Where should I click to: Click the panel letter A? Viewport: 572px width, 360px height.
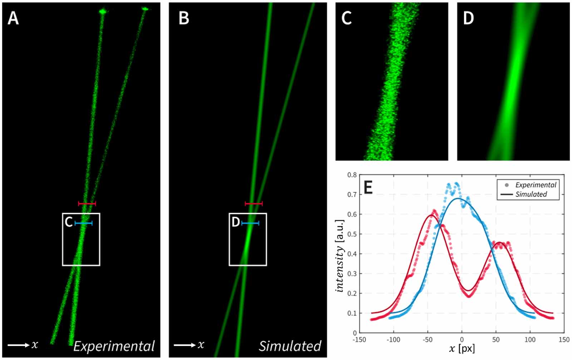click(13, 18)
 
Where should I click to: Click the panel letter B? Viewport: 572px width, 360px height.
click(183, 18)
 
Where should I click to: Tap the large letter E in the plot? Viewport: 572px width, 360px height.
click(368, 187)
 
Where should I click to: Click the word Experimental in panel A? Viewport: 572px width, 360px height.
click(114, 346)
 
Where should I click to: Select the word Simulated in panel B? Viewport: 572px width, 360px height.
click(290, 346)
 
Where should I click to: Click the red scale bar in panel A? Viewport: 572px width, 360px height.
click(87, 204)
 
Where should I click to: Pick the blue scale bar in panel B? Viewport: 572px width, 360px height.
click(250, 223)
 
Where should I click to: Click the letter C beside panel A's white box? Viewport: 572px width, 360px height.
click(69, 222)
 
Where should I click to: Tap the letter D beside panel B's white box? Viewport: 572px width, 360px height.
click(235, 222)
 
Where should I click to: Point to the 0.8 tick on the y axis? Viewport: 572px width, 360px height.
click(352, 175)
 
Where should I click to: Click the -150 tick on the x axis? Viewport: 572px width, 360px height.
click(359, 340)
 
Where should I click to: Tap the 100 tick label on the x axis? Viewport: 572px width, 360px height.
click(530, 340)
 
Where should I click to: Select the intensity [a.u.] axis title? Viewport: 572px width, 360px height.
click(340, 256)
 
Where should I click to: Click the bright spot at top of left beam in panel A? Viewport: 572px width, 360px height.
click(103, 12)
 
